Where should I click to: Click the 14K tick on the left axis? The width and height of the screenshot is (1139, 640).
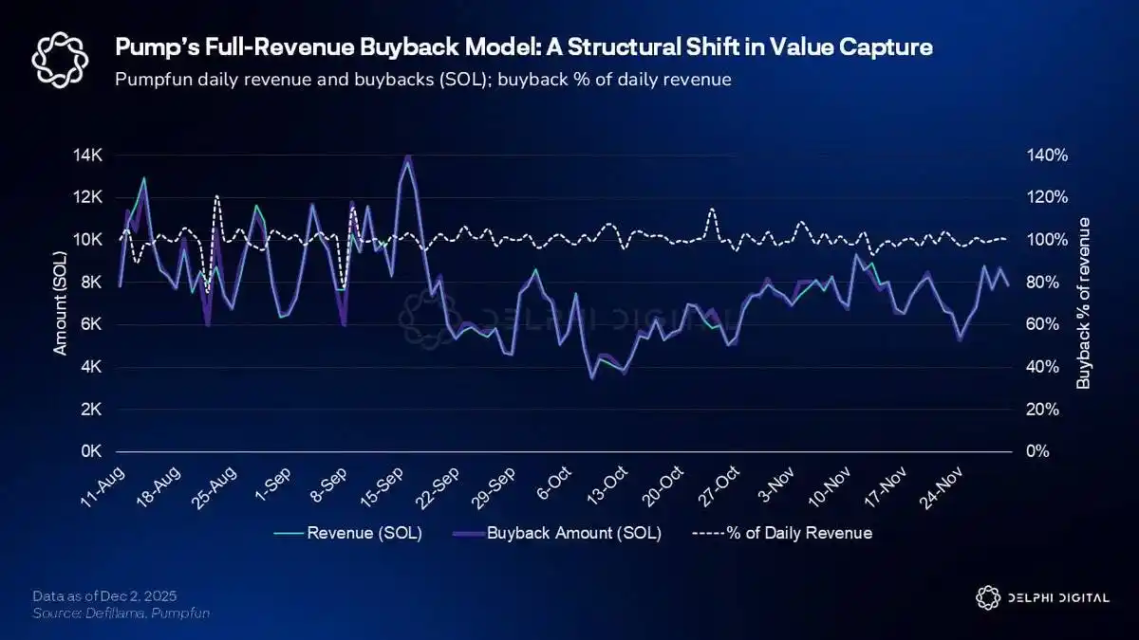pos(91,155)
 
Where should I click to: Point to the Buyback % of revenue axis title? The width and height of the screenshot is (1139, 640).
pos(1083,302)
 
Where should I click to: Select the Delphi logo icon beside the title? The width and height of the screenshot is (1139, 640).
pos(60,59)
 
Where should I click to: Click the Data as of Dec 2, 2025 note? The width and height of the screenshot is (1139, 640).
pos(104,596)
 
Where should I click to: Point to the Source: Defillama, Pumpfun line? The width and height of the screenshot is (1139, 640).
pos(121,613)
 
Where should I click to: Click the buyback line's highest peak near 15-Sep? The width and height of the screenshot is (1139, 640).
pos(408,155)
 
